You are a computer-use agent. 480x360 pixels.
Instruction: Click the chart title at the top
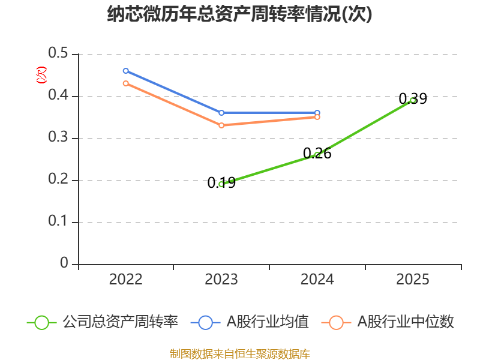[239, 14]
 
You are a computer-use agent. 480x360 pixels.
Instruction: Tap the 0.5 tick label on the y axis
[58, 53]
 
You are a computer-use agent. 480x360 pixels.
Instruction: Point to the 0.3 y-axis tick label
[58, 137]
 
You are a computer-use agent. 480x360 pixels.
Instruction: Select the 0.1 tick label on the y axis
[58, 221]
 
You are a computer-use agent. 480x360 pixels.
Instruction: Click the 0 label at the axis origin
[64, 263]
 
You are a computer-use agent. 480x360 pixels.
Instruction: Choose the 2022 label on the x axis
[126, 280]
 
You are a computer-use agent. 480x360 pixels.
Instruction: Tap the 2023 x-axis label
[221, 280]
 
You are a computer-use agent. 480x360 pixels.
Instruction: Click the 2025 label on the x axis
[413, 280]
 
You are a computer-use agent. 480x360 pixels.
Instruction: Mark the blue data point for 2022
[126, 71]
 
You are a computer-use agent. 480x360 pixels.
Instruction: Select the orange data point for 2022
[126, 83]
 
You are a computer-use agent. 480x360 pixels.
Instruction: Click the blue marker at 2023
[221, 113]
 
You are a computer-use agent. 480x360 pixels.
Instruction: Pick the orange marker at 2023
[221, 125]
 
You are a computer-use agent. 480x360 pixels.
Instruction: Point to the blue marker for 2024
[317, 113]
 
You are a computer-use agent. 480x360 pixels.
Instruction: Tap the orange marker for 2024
[317, 117]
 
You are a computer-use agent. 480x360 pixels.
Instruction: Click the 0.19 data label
[221, 183]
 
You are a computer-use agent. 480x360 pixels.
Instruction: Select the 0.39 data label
[413, 98]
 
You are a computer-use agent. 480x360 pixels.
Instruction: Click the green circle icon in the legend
[41, 323]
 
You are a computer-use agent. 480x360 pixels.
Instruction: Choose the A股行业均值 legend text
[268, 322]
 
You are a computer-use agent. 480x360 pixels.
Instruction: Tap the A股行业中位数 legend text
[406, 322]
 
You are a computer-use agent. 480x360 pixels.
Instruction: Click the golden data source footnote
[240, 354]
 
